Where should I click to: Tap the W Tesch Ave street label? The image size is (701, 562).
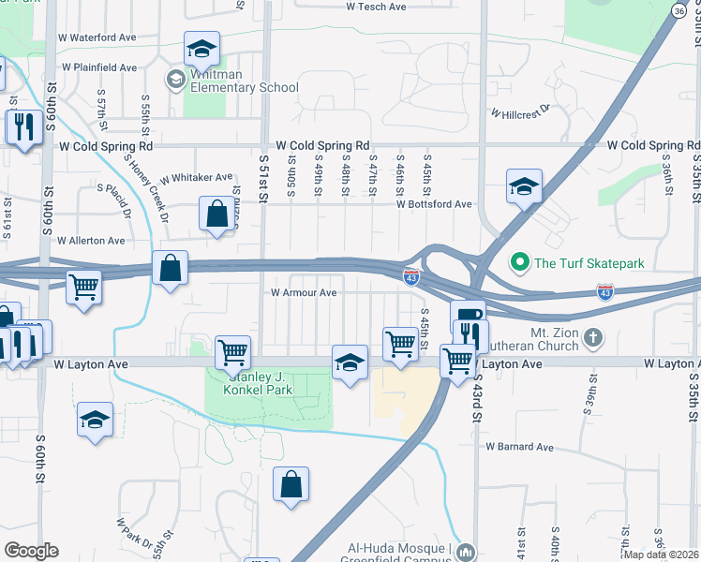point(376,7)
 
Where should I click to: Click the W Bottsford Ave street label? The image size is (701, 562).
point(433,203)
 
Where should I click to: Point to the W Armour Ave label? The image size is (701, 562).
point(303,292)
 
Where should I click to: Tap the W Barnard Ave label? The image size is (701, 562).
point(519,447)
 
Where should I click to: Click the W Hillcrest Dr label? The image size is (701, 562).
point(518,112)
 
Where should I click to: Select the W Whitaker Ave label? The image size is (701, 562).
point(196,178)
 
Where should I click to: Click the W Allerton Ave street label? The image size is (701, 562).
point(91,241)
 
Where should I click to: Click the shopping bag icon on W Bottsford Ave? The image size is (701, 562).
point(217,213)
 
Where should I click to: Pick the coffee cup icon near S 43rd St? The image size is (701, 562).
point(467,314)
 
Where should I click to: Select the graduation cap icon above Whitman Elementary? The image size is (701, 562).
point(201,49)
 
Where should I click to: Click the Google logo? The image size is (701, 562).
point(31,551)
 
